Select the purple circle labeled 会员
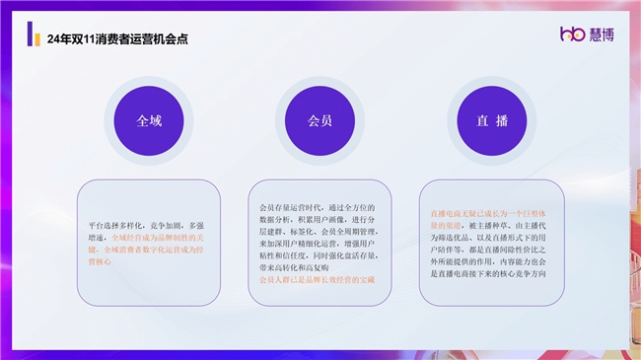tap(320, 120)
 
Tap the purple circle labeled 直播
tap(491, 120)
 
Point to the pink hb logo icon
tap(573, 36)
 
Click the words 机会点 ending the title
tap(174, 39)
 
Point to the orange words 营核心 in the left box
tap(100, 261)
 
